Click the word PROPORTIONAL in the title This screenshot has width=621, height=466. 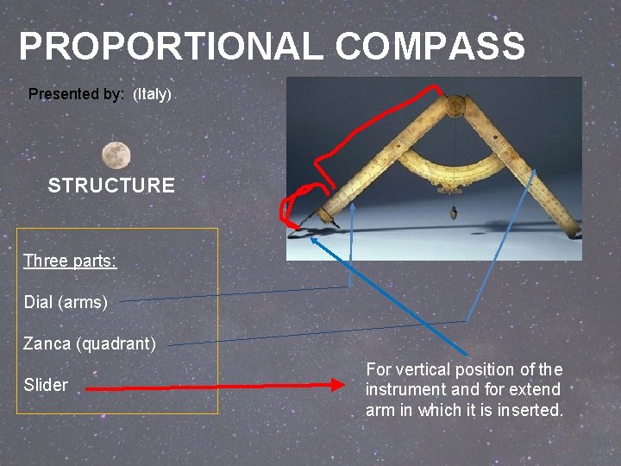(x=172, y=47)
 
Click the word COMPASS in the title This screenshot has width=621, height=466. (x=430, y=47)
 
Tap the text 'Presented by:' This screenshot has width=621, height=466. (x=76, y=94)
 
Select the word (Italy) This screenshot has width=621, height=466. (x=153, y=94)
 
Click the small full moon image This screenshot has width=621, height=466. (x=116, y=155)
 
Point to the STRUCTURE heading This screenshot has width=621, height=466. (x=111, y=186)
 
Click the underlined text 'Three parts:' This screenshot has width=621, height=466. (x=70, y=261)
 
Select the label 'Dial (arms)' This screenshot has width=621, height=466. (x=66, y=302)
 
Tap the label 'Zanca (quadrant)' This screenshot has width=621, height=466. (x=90, y=343)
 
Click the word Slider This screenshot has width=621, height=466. (x=46, y=385)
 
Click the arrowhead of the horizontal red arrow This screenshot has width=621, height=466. (x=336, y=387)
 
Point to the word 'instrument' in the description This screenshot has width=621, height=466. (x=405, y=390)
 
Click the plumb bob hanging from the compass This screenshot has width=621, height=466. (x=451, y=211)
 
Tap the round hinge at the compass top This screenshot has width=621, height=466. (x=453, y=106)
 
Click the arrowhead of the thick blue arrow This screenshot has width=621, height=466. (x=315, y=242)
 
